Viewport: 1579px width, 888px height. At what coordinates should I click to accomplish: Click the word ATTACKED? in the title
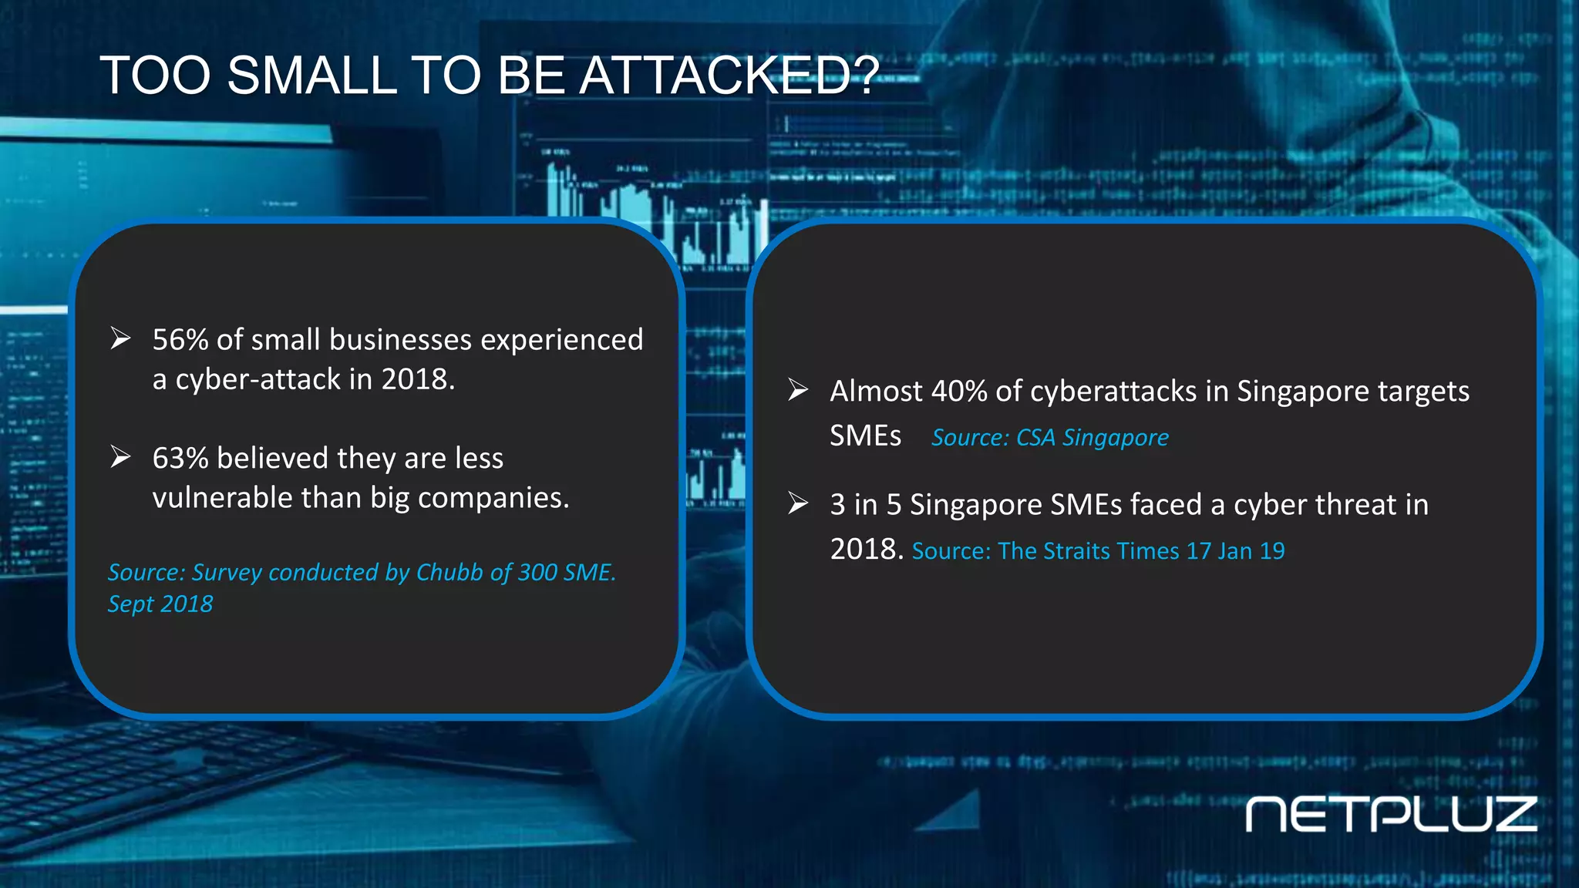tap(728, 76)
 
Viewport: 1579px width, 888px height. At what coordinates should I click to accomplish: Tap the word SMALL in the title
tap(311, 76)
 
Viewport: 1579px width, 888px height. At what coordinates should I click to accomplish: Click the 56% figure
tap(180, 340)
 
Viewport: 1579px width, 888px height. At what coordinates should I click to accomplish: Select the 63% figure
tap(180, 459)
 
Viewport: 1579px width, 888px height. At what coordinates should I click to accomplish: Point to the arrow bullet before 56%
tap(120, 338)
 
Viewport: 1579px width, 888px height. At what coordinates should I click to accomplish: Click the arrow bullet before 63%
tap(120, 457)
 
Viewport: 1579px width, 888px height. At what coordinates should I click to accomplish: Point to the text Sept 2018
tap(160, 604)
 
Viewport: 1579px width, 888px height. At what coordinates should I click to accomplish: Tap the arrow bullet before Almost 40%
tap(798, 390)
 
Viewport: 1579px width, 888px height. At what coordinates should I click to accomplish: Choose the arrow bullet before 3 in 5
tap(798, 504)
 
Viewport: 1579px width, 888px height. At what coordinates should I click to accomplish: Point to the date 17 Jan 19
tap(1235, 551)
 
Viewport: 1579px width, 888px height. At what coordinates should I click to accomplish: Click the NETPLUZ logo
tap(1391, 815)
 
